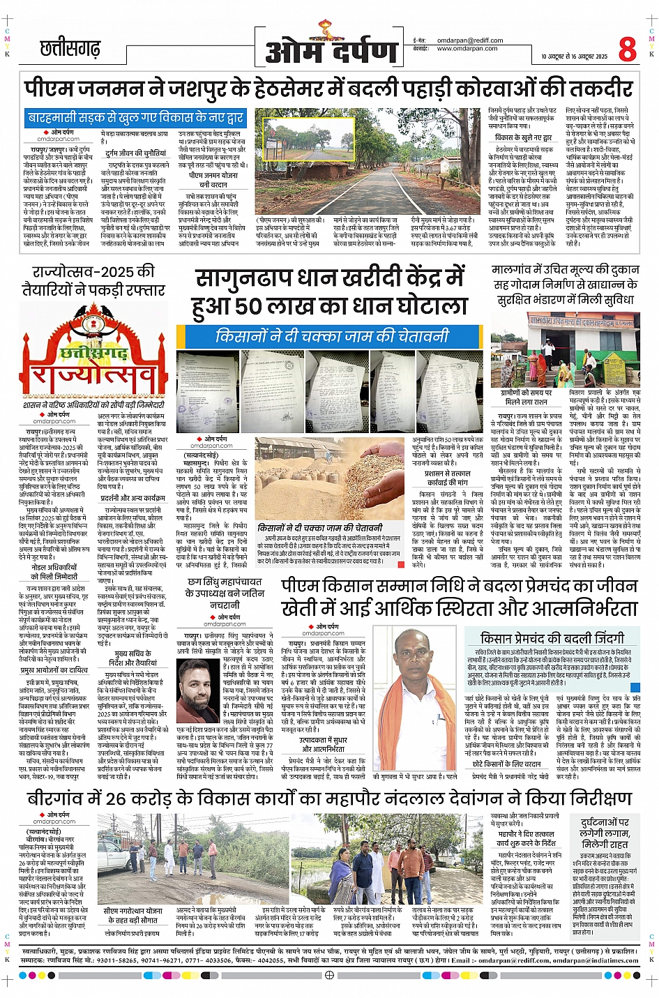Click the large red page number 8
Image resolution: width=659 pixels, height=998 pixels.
click(x=627, y=49)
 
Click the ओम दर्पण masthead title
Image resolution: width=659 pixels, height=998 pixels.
click(x=331, y=50)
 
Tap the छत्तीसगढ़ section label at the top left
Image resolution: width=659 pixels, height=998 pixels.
click(x=70, y=49)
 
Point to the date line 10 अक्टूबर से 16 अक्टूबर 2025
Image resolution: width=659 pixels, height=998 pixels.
click(x=574, y=56)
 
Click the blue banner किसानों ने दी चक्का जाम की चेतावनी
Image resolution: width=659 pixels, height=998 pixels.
click(x=331, y=336)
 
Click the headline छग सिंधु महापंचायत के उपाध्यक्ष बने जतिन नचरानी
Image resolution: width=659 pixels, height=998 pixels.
click(x=225, y=593)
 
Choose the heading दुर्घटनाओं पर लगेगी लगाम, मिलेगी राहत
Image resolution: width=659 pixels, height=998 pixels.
click(x=605, y=833)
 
